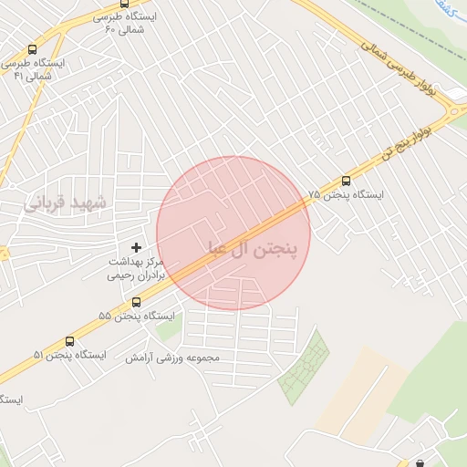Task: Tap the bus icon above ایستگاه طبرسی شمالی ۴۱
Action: pos(33,49)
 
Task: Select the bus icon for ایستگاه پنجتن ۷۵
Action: pos(345,181)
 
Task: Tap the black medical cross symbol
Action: pos(137,247)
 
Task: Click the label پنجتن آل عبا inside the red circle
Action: pos(254,248)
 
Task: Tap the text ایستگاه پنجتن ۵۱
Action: pos(68,354)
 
